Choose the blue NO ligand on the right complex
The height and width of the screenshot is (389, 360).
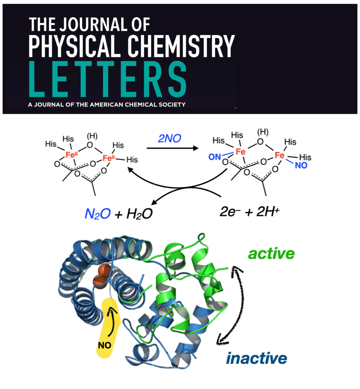[302, 166]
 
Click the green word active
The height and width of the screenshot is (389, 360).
[271, 254]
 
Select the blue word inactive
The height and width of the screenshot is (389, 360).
[256, 358]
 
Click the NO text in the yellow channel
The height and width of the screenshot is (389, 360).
[104, 345]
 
